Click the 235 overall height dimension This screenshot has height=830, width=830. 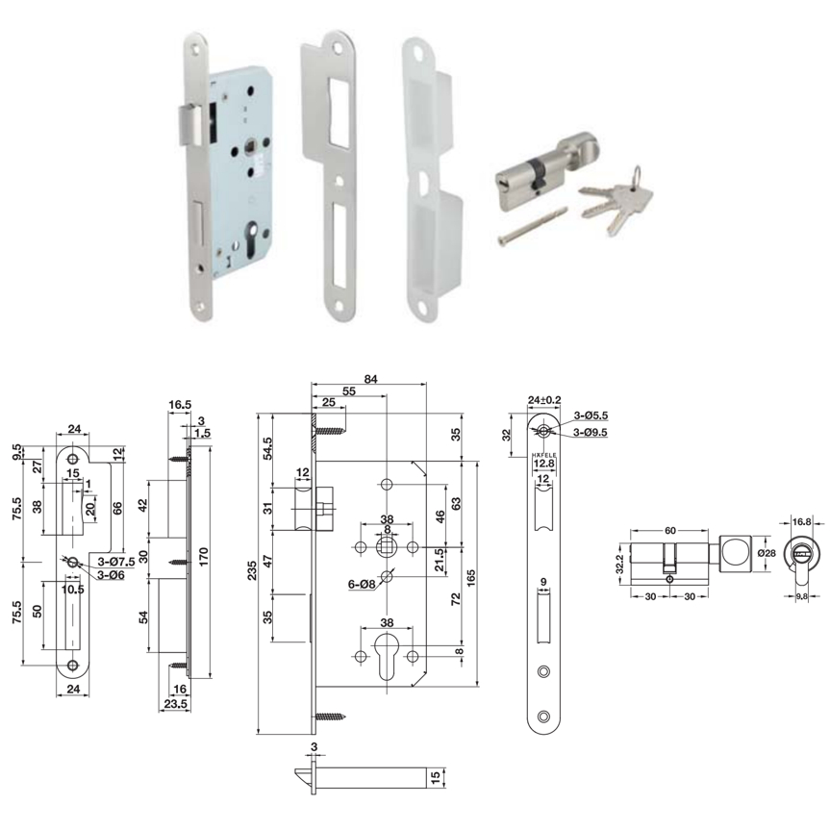point(253,570)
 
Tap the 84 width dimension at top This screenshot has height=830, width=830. point(370,379)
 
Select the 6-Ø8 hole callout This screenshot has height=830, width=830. point(362,585)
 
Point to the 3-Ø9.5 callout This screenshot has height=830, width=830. point(591,433)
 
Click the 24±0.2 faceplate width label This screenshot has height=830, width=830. point(544,400)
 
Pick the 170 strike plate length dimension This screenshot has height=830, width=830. point(204,558)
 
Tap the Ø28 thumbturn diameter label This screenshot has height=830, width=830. point(767,553)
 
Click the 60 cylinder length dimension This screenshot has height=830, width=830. point(670,530)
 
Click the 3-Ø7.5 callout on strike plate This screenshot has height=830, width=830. point(116,563)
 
